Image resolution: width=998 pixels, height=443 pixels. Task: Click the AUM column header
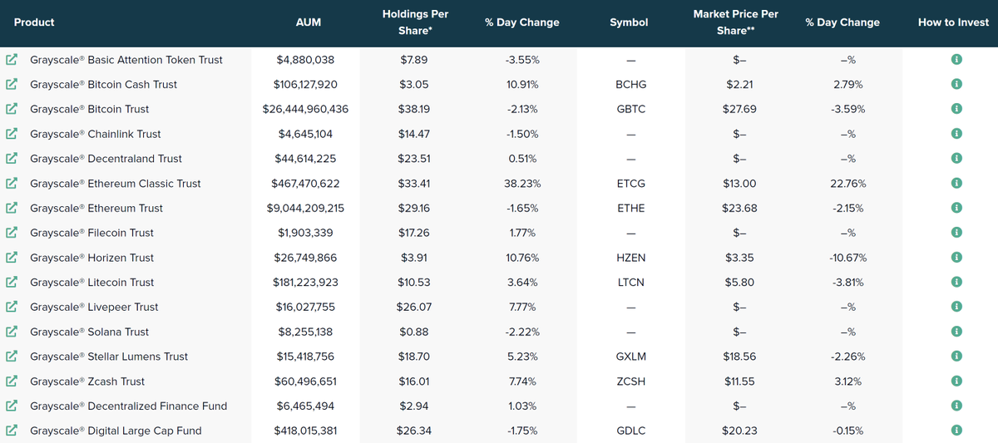(309, 22)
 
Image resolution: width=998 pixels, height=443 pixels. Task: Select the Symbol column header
(629, 22)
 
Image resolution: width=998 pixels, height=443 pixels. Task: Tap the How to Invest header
(953, 22)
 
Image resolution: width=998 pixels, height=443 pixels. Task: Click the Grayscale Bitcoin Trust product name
(89, 109)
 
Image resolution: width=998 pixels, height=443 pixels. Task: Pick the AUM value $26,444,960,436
(305, 109)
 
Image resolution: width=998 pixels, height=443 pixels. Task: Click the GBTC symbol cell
(631, 109)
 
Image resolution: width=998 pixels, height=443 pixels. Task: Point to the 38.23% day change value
(522, 184)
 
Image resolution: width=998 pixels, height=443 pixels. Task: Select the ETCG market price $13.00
(739, 184)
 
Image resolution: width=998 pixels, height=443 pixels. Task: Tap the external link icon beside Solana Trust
(12, 332)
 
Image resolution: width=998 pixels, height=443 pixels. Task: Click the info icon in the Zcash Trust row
(956, 381)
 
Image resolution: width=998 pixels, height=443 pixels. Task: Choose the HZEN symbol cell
(631, 258)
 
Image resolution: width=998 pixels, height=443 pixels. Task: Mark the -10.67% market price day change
(847, 258)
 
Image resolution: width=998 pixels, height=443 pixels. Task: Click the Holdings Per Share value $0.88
(414, 332)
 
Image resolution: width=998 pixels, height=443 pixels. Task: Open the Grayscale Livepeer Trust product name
(94, 308)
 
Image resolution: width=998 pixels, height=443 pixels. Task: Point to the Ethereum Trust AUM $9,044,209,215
(305, 209)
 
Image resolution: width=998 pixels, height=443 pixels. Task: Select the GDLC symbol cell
(631, 431)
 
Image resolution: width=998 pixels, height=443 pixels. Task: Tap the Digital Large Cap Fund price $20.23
(739, 431)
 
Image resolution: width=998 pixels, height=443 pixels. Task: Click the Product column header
(34, 22)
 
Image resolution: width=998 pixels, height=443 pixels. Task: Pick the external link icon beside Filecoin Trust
(12, 233)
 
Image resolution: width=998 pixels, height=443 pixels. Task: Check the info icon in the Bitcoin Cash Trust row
(956, 84)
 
